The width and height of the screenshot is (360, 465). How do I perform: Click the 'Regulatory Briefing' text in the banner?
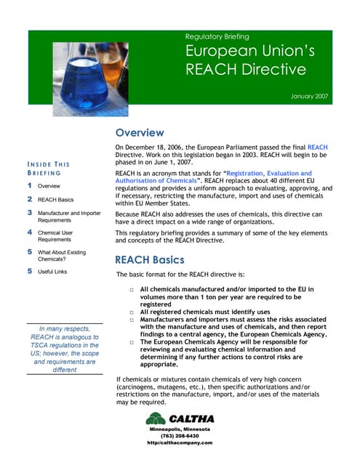217,36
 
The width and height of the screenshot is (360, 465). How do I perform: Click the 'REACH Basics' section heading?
151,259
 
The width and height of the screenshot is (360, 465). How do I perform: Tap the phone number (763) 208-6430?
179,436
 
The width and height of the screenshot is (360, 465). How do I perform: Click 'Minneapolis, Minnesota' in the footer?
180,429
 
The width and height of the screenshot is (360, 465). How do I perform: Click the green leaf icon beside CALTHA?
155,419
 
